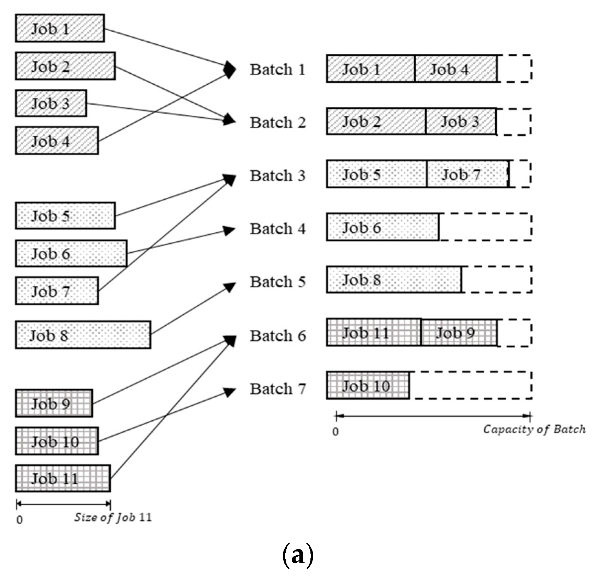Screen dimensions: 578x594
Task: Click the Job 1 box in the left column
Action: (x=60, y=28)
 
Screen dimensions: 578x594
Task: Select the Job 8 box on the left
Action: (x=83, y=335)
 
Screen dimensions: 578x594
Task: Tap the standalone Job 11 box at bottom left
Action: (x=63, y=478)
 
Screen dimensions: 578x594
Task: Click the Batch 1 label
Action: (x=277, y=70)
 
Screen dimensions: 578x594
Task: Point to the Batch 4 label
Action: (x=277, y=229)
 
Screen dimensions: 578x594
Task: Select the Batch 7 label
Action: (x=277, y=389)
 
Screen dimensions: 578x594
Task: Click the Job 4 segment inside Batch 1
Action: (x=455, y=69)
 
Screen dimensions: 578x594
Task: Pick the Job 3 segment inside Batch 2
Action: (x=461, y=122)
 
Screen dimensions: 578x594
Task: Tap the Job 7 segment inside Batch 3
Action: (x=467, y=174)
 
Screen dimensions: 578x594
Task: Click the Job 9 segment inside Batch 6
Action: (x=459, y=333)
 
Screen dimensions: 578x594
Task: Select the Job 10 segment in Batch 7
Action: (x=368, y=386)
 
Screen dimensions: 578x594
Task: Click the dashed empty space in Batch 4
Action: (x=485, y=227)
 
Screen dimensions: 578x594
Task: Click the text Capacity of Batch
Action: (x=534, y=429)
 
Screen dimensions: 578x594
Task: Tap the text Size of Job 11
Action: (x=113, y=517)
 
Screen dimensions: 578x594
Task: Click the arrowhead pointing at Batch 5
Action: (x=230, y=287)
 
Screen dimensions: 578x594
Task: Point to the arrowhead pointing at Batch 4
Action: (x=229, y=230)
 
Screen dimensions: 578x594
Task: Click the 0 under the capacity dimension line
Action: (x=335, y=431)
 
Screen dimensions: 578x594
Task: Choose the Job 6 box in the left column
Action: (x=71, y=254)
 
